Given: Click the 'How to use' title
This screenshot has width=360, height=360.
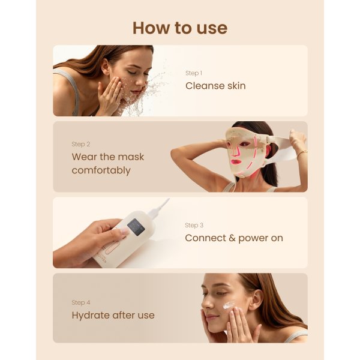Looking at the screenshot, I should tap(179, 28).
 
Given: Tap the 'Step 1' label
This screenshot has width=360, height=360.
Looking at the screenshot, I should tap(194, 73).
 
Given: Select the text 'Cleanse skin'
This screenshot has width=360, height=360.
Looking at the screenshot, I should tap(215, 86).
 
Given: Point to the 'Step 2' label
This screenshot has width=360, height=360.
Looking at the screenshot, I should tap(80, 144).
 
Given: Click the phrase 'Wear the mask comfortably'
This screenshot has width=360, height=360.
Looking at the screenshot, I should tap(108, 163).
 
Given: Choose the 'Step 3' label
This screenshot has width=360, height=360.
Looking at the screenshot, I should tap(194, 225).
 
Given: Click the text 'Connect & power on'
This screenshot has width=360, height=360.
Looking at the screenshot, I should tap(234, 238).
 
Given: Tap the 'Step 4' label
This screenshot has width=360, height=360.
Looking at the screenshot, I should tap(80, 302).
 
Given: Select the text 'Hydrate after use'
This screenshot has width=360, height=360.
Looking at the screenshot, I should tap(113, 315).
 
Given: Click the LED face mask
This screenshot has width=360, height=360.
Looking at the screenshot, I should tap(246, 153).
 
